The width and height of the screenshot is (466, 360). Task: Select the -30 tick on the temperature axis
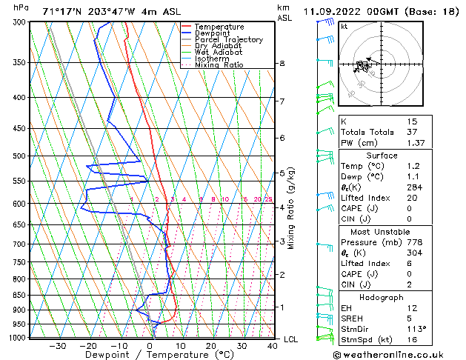(57, 345)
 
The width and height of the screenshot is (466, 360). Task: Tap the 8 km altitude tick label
(282, 64)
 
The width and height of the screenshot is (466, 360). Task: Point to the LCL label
(291, 339)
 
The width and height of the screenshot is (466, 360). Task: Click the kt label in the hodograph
(344, 26)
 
